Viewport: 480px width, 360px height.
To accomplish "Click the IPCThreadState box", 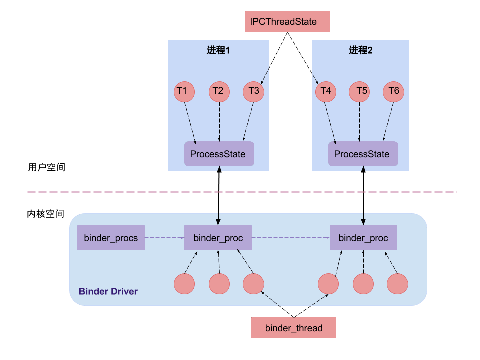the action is click(288, 22).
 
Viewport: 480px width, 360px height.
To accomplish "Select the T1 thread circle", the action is click(184, 92).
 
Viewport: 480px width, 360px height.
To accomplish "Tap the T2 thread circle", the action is click(219, 92).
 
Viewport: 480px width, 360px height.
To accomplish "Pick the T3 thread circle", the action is click(253, 92).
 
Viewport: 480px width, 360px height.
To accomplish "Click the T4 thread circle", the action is click(325, 92).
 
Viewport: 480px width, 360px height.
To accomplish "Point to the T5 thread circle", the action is click(359, 92).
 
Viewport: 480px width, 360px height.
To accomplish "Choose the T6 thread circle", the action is click(393, 92).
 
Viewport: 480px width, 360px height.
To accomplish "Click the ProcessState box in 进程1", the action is click(219, 154).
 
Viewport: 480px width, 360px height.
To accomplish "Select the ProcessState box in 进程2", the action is click(363, 154).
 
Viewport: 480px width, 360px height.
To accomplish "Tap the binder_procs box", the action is click(111, 238).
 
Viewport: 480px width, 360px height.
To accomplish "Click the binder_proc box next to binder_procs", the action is click(218, 238).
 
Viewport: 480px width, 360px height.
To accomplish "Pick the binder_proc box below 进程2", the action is click(363, 238).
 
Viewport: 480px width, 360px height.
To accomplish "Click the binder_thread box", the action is click(294, 328).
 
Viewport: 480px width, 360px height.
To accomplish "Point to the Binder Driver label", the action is click(108, 291).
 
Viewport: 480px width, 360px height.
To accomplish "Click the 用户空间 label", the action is click(47, 167).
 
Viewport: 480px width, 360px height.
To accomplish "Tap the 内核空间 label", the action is click(46, 214).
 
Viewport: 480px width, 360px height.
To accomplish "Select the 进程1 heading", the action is click(218, 50).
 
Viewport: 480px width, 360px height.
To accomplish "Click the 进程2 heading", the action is click(361, 50).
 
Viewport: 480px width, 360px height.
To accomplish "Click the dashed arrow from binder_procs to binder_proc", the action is click(164, 238).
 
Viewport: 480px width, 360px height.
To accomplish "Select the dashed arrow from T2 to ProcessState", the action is click(219, 122).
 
